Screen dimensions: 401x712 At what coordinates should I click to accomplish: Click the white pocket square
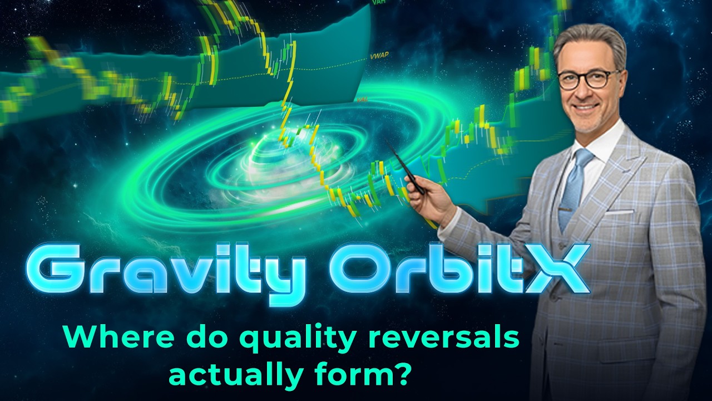[619, 212]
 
